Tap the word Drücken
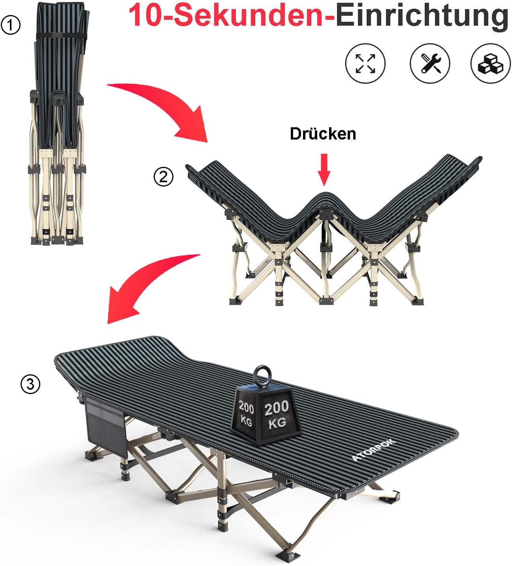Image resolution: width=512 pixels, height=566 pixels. click(323, 134)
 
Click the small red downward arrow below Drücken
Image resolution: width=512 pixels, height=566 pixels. click(324, 170)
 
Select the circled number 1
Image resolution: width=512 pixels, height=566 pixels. click(11, 25)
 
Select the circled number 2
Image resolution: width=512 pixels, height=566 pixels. click(163, 177)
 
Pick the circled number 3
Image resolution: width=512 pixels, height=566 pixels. click(30, 384)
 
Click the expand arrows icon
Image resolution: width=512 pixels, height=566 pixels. click(365, 63)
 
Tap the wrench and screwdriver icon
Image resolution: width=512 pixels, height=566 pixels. click(430, 63)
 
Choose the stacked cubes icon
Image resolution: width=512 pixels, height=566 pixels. click(491, 63)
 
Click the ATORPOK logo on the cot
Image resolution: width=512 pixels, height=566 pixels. click(373, 454)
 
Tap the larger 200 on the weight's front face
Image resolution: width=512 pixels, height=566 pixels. click(277, 408)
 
